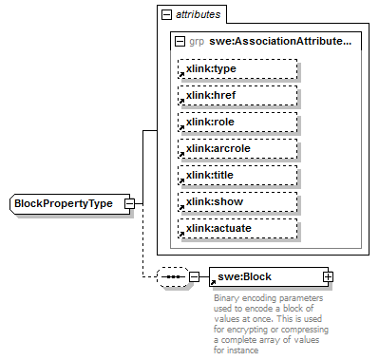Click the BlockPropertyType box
pos(66,203)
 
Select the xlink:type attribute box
pos(237,69)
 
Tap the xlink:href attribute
pos(237,96)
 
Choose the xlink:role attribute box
pos(237,123)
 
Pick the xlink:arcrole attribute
pos(237,149)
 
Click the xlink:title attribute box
pos(237,176)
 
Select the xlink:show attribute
pos(237,202)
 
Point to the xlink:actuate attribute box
pos(237,229)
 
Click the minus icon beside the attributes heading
pos(166,15)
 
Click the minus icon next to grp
pos(180,42)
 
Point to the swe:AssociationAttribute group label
pos(281,42)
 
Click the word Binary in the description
pos(224,296)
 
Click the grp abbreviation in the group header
pos(197,42)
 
